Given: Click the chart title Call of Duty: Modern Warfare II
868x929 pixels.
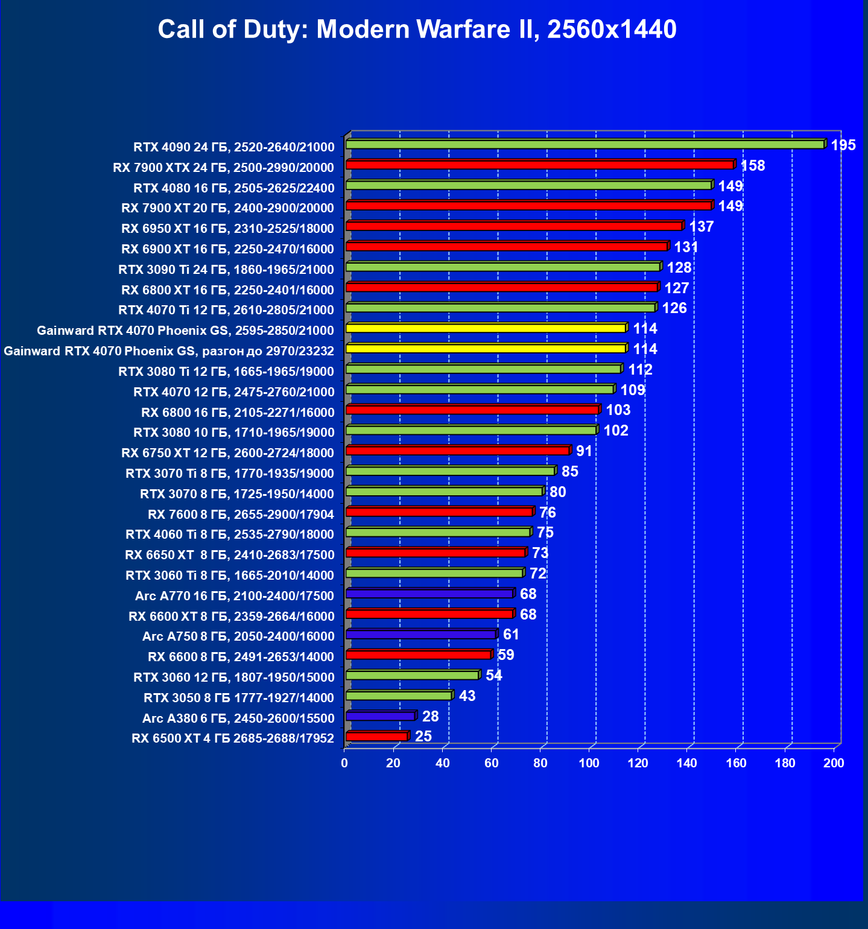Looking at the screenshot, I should (x=417, y=30).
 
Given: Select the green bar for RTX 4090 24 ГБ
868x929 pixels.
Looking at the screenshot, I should (x=584, y=145).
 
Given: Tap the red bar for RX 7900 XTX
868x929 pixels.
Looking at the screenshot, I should (x=539, y=165).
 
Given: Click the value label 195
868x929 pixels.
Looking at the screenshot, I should (x=843, y=145).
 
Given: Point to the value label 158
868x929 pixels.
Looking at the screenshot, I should (x=752, y=166).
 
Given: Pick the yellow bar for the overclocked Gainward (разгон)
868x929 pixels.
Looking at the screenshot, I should (x=486, y=349).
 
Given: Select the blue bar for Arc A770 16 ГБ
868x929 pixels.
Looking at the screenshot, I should (x=429, y=594).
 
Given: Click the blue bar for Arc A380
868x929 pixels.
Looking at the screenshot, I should (x=380, y=717).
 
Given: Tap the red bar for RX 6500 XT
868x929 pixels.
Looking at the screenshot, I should (x=376, y=737).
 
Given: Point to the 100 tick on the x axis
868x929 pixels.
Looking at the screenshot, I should (x=589, y=763).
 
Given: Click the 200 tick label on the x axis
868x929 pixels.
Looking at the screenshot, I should (x=834, y=763).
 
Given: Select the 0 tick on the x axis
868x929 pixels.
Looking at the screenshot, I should (x=344, y=763).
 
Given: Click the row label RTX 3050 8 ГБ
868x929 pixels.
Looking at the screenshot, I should (x=238, y=698).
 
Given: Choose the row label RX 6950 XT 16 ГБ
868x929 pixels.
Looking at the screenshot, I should (x=227, y=229).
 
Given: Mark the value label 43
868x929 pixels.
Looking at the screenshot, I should (x=467, y=696).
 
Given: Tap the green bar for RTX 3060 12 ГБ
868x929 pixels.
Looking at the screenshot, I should (x=412, y=676).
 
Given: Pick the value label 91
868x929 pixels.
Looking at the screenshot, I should (x=583, y=451).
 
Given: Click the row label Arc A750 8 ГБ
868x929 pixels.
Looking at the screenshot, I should (x=238, y=636).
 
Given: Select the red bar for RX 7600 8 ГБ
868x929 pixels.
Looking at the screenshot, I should (x=439, y=512).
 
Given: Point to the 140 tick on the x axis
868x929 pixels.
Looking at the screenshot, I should (x=686, y=763).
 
